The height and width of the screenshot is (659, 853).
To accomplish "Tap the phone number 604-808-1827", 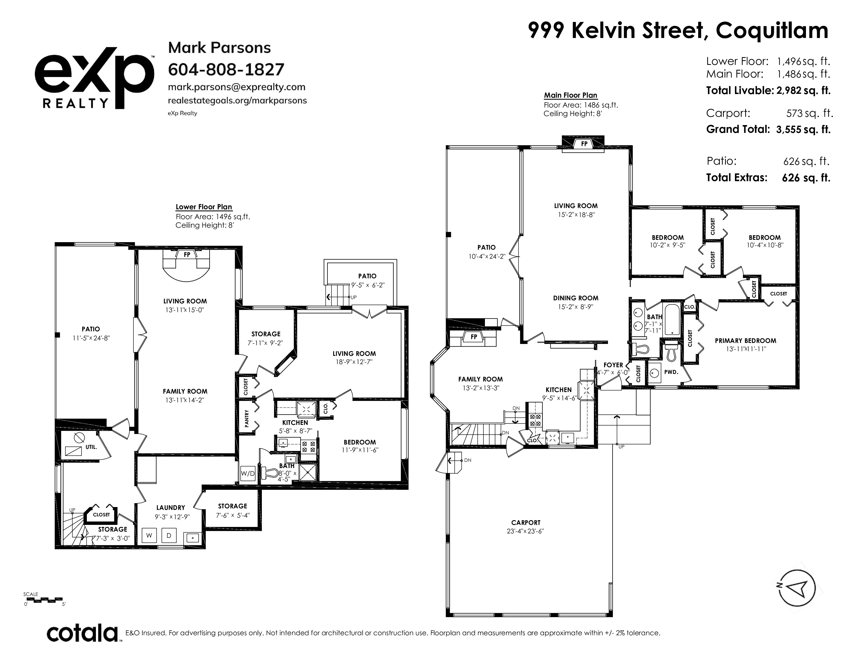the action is (226, 70).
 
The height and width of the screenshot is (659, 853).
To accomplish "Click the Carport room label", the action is (526, 522).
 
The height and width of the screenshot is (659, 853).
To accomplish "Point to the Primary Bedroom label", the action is (745, 340).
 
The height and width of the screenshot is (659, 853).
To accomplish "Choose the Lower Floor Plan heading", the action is (204, 207).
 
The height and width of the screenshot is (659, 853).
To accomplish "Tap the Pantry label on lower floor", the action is (246, 418).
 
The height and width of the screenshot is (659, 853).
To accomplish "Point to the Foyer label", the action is (613, 365).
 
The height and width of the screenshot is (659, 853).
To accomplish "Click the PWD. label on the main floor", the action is (671, 372).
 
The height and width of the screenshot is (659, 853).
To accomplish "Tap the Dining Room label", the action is (576, 298).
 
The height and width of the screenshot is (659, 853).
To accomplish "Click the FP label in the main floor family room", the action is (474, 336).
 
